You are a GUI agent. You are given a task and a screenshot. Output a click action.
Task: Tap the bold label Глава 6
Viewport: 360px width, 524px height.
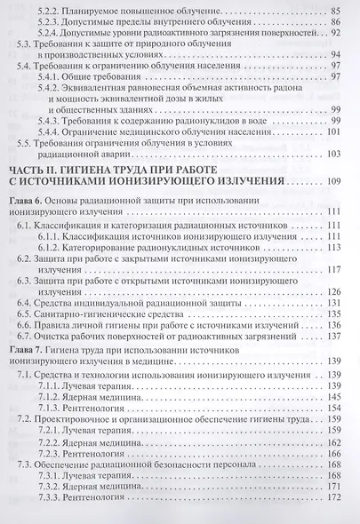pyautogui.click(x=27, y=202)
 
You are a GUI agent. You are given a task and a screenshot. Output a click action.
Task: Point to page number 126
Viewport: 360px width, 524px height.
pyautogui.click(x=335, y=290)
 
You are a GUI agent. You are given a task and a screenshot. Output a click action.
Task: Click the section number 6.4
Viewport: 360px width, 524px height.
pyautogui.click(x=27, y=303)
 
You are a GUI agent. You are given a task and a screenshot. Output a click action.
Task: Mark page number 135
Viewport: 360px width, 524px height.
pyautogui.click(x=335, y=327)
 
